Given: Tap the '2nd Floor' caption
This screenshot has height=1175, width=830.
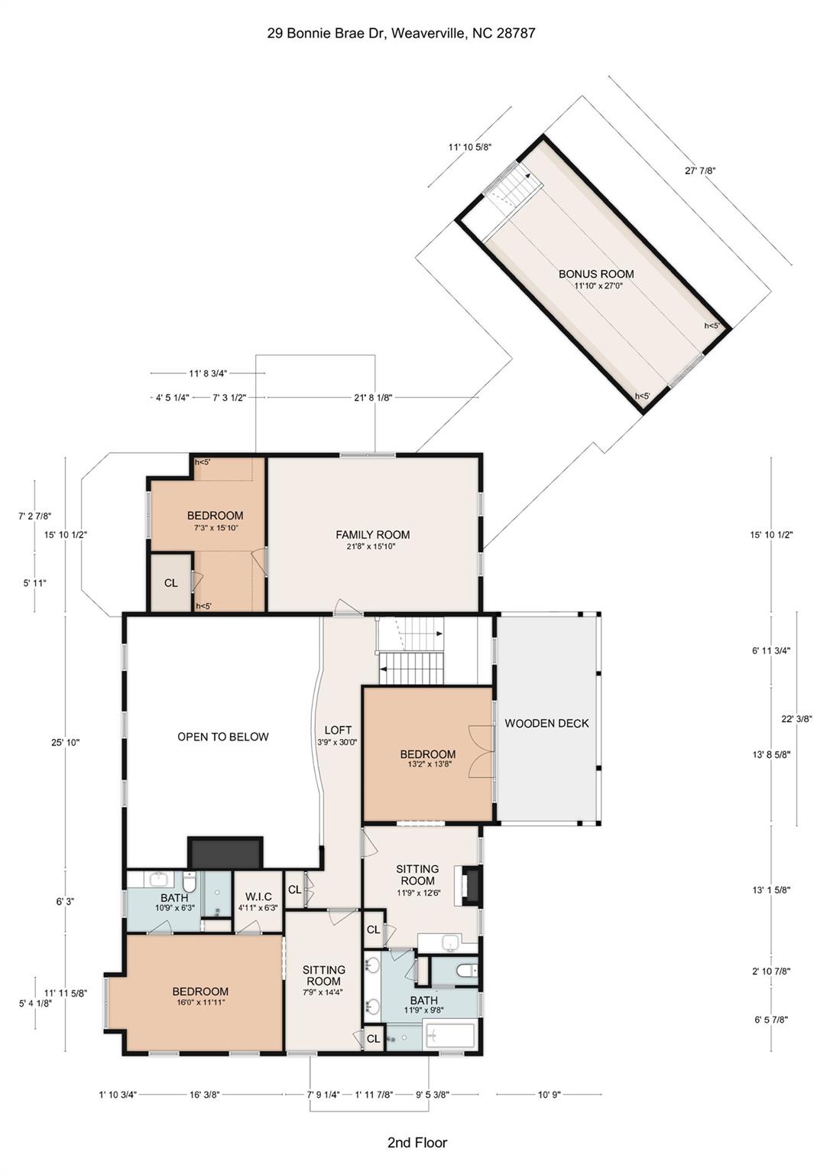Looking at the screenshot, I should point(417,1143).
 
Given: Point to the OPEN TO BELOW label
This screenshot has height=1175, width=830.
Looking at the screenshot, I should point(222,737).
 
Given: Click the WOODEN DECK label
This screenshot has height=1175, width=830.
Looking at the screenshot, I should point(546,723).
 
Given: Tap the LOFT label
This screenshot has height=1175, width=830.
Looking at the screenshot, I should point(338,730).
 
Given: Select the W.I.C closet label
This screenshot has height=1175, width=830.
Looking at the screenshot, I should point(258,897).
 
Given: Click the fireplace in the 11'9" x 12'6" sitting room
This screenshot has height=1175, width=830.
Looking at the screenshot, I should point(471,886).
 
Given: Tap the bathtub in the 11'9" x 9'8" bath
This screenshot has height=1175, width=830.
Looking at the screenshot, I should point(449,1037).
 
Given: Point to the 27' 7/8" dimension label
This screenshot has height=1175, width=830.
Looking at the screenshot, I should point(699,171).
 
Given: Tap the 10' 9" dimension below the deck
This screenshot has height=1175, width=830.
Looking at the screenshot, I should point(549,1095).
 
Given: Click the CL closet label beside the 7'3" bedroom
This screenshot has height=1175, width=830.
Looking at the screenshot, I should point(170,583).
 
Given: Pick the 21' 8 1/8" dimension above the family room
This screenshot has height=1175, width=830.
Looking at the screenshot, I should point(372,398).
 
